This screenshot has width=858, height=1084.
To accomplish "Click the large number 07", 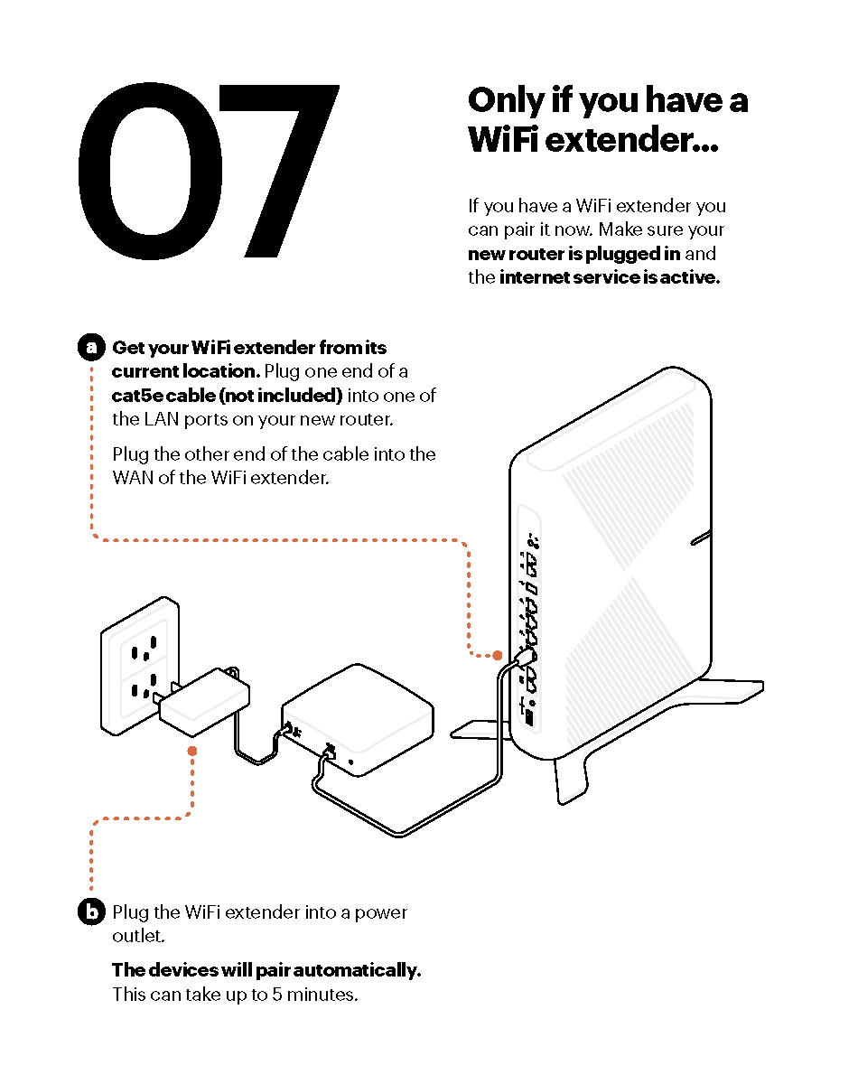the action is [x=209, y=172].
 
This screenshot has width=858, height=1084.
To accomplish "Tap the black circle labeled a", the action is [x=91, y=347].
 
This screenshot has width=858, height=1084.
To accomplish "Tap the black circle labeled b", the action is [x=91, y=911].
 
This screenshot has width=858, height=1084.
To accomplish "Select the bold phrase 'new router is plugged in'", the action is [x=574, y=254].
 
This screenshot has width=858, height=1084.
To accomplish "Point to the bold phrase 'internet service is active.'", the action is [x=610, y=277].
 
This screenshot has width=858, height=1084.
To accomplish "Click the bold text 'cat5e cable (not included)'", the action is [x=228, y=396].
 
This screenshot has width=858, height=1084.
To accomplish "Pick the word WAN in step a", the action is [x=133, y=478].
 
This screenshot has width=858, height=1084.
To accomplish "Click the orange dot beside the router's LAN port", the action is [x=498, y=655].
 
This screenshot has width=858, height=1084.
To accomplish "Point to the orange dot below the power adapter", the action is [x=192, y=751].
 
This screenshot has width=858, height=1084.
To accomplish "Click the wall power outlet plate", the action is [x=140, y=666].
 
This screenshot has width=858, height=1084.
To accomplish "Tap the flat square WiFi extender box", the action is [x=358, y=720].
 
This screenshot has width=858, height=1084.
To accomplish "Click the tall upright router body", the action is [x=611, y=563].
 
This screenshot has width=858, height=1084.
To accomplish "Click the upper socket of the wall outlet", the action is [x=145, y=648].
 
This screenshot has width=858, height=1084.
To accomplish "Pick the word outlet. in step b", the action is [x=138, y=936].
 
